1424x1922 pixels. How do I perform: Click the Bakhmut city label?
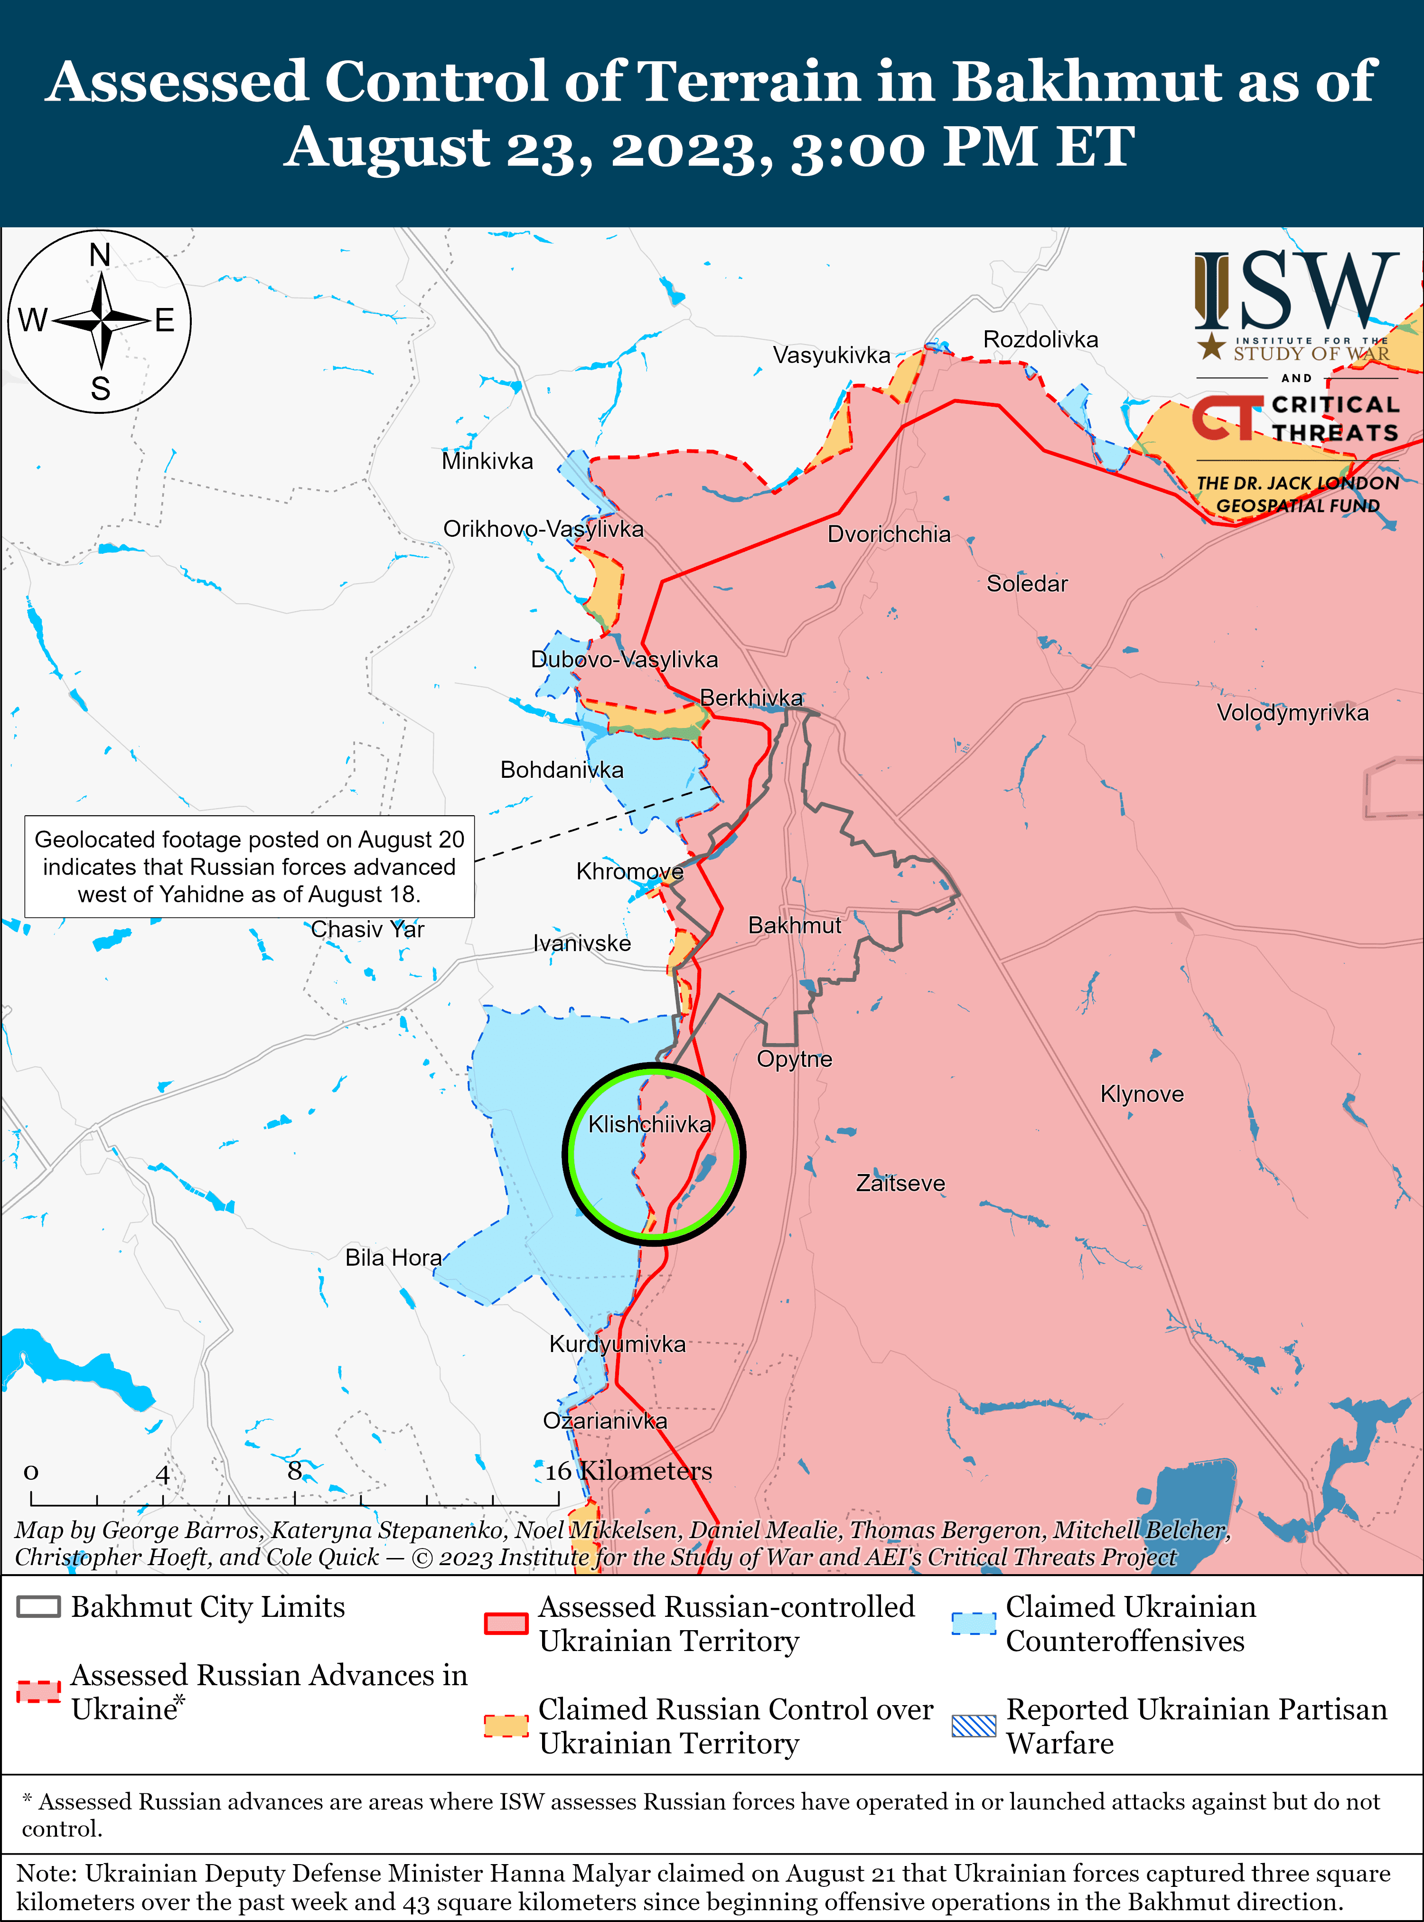coord(794,926)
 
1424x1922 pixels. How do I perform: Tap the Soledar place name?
coord(1027,584)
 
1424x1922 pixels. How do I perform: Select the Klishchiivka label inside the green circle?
coord(649,1124)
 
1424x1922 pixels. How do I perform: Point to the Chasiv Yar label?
coord(367,929)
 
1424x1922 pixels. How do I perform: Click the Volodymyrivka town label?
coord(1292,713)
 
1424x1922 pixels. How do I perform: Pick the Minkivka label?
coord(487,461)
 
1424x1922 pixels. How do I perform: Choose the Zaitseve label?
coord(900,1184)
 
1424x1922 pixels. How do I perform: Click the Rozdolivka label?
coord(1040,340)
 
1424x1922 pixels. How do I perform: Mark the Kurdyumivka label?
coord(617,1344)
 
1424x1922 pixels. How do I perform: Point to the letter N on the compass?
coord(100,255)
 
